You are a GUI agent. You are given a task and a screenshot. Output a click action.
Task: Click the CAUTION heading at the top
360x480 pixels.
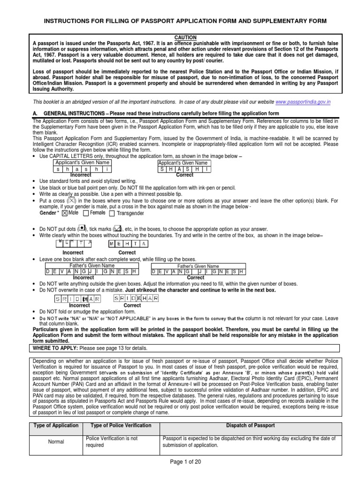tap(185, 37)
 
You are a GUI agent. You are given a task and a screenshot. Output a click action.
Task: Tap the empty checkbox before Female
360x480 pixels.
tap(85, 213)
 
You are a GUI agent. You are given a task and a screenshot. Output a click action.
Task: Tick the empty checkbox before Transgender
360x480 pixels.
tap(112, 213)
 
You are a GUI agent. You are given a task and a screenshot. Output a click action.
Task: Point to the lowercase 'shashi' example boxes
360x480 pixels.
tap(83, 169)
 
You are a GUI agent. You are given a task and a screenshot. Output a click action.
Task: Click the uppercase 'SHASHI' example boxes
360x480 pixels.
tap(185, 169)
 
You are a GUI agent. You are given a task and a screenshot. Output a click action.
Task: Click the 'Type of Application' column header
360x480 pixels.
tap(56, 425)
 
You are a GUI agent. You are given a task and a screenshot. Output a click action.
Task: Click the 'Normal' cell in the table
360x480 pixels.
tap(56, 442)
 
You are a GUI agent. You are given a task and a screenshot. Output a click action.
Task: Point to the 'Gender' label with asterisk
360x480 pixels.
tap(49, 213)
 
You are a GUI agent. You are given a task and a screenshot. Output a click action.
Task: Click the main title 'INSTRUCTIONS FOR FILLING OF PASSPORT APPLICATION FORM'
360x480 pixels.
tap(185, 22)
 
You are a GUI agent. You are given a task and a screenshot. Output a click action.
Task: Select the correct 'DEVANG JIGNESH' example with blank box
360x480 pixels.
tap(198, 271)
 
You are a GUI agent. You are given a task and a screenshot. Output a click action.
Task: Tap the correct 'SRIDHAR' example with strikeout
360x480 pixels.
tap(136, 298)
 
